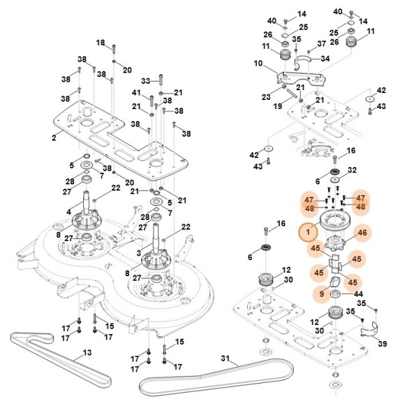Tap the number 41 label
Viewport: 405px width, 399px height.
point(137,93)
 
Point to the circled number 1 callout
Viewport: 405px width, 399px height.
point(305,231)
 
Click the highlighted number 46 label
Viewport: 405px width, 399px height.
point(362,233)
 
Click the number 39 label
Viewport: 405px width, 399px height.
point(382,344)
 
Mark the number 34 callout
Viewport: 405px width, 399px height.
point(325,59)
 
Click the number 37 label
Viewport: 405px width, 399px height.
point(322,43)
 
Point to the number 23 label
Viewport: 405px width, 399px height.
point(265,96)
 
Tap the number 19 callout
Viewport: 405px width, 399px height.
point(277,107)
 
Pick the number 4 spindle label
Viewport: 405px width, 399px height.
point(69,212)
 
